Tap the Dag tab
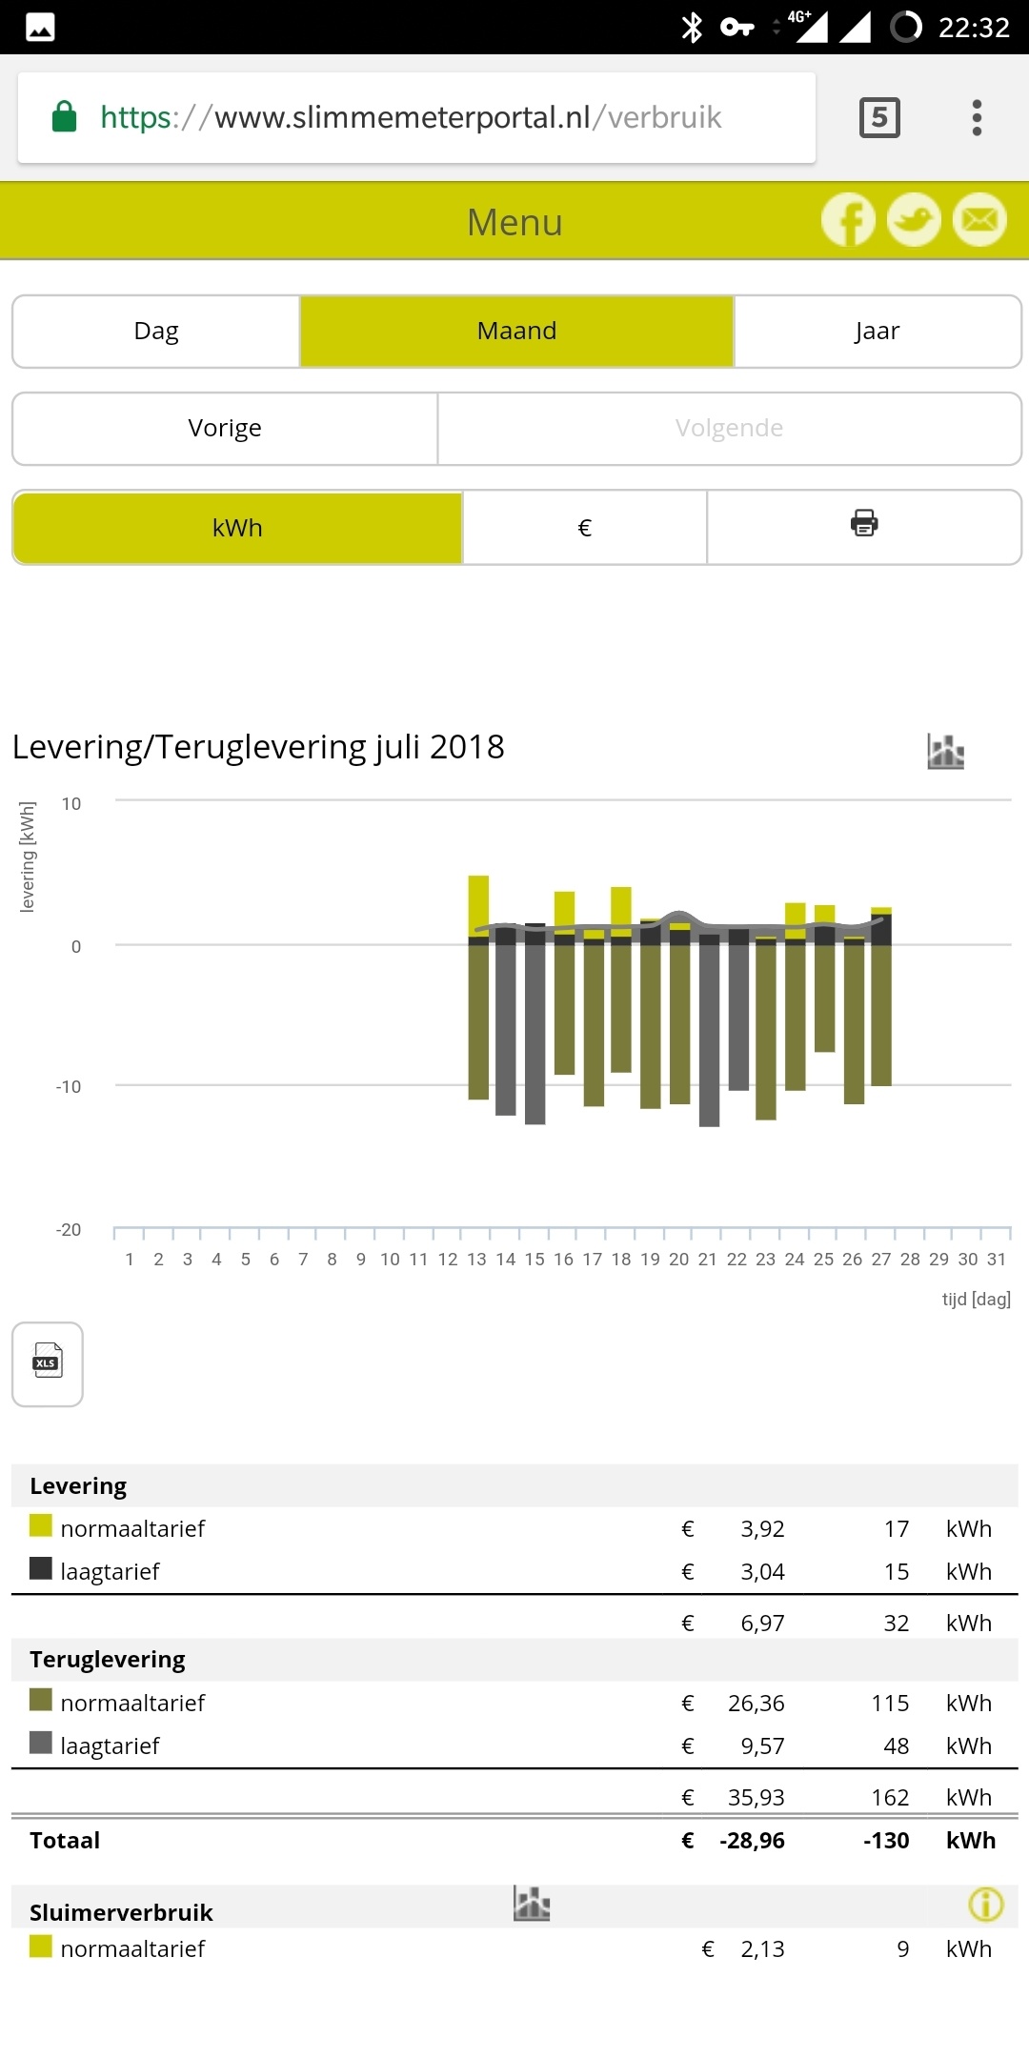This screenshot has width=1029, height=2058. coord(156,331)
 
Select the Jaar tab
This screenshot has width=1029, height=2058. coord(877,331)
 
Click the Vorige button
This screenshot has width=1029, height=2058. coord(225,428)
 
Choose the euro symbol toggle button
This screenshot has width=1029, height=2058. coord(584,528)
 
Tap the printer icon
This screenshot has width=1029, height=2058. coord(863,523)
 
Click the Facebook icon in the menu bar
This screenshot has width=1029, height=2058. coord(848,220)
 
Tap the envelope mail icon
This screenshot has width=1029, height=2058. coord(979,220)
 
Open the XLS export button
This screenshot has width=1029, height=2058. coord(48,1363)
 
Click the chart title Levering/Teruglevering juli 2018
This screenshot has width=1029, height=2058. coord(258,747)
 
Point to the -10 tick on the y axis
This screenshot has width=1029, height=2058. coord(69,1087)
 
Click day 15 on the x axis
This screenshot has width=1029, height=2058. coord(535,1260)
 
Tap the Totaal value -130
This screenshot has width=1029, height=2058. coord(886,1841)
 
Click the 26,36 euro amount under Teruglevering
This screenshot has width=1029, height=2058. coord(756,1703)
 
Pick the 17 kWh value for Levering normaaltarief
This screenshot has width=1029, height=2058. coord(896,1529)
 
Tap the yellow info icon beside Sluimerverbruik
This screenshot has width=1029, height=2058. coord(985,1905)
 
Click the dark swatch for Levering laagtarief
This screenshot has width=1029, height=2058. coord(41,1568)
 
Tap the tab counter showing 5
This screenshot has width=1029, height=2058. coord(879,117)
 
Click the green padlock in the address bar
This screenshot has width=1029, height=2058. coord(65,116)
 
